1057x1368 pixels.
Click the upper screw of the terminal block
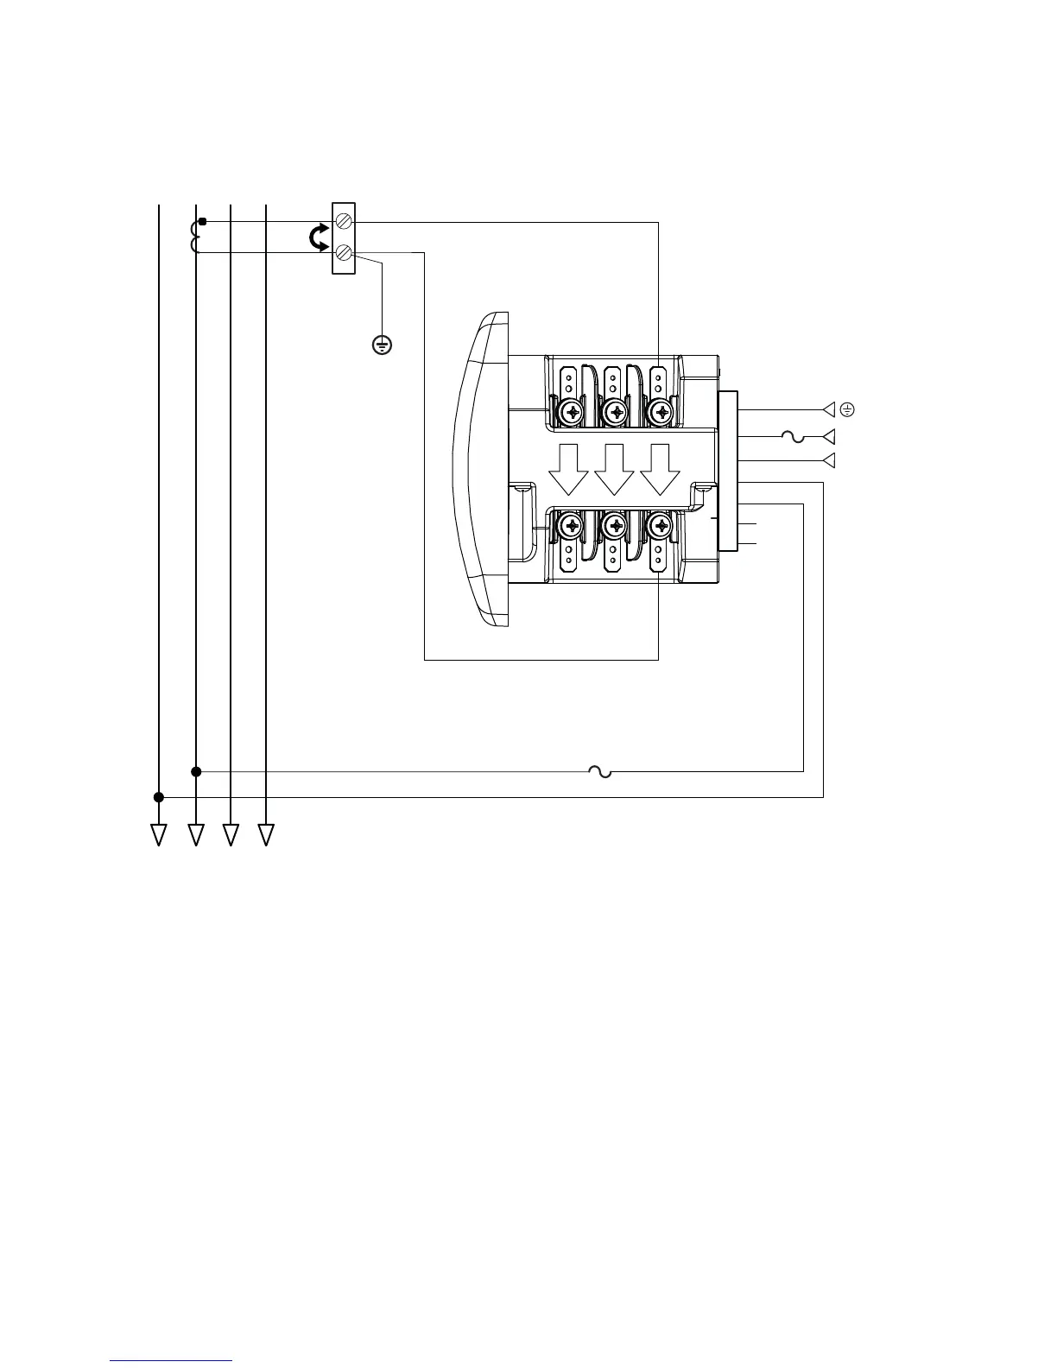pos(344,222)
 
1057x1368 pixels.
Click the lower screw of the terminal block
pos(344,253)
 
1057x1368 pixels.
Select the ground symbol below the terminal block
pos(382,345)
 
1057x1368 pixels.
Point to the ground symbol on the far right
pos(847,409)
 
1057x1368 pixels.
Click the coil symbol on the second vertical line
pos(195,237)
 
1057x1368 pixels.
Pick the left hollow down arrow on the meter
pos(568,469)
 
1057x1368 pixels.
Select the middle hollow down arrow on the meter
pos(614,469)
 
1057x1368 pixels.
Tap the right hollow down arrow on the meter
pos(660,469)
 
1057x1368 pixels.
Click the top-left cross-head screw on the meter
pos(571,412)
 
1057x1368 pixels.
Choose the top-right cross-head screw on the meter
pos(661,412)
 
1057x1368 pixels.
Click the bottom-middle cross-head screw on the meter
pos(615,524)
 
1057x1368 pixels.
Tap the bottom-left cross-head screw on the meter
pos(571,524)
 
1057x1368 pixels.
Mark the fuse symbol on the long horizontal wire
pos(599,771)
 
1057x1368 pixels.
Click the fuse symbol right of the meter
pos(794,437)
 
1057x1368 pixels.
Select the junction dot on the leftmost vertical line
pos(159,797)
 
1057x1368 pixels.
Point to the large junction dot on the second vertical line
pos(196,771)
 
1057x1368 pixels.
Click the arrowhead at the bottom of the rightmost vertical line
pos(266,834)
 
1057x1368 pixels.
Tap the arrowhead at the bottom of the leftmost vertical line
pos(159,834)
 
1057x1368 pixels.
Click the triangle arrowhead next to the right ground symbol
pos(830,409)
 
